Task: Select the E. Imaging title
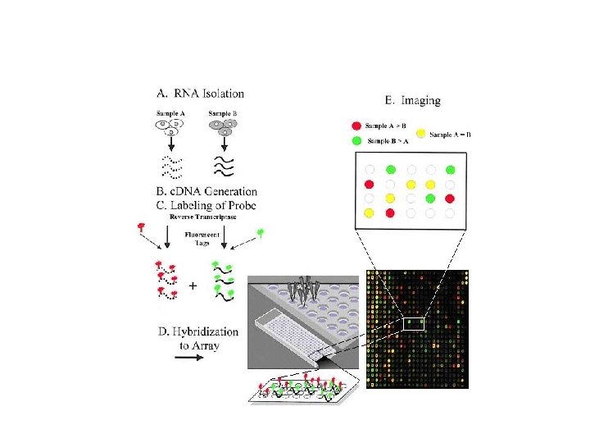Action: [412, 100]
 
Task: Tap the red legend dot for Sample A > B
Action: [356, 126]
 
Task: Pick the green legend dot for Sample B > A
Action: [356, 141]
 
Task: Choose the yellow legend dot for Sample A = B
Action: [421, 133]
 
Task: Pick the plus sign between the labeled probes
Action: [193, 286]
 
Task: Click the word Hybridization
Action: [197, 332]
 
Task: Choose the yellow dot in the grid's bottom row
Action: [369, 213]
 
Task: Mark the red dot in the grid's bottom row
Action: [389, 213]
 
